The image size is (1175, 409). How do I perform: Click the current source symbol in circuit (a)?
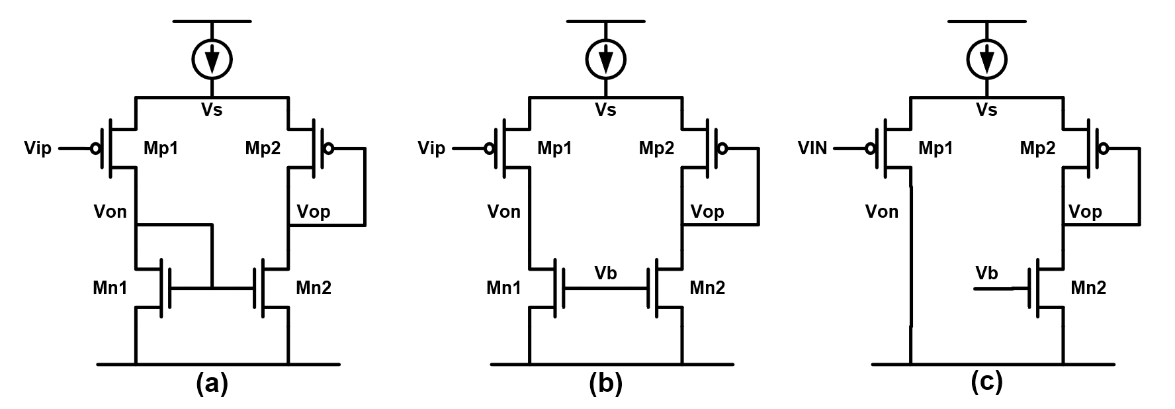click(x=212, y=60)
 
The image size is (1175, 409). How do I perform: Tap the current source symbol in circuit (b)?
click(x=605, y=60)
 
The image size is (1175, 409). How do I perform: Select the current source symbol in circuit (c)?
click(x=986, y=60)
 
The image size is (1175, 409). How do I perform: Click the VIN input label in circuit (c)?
click(x=812, y=148)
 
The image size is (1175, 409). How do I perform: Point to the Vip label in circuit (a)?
click(x=38, y=148)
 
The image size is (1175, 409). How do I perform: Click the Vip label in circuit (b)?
click(x=431, y=148)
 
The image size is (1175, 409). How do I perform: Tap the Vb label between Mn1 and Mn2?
click(x=605, y=273)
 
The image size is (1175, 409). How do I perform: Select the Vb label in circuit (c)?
click(x=986, y=273)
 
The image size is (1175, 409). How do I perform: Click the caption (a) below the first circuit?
click(x=212, y=384)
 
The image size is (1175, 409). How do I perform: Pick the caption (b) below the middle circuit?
click(x=605, y=384)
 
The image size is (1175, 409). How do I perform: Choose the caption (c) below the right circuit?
click(x=986, y=384)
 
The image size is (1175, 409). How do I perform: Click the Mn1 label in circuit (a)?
click(x=110, y=288)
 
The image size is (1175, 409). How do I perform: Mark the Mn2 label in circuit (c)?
click(x=1088, y=288)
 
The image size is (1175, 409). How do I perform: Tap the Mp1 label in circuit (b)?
click(x=554, y=148)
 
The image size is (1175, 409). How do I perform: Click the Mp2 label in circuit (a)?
click(x=263, y=148)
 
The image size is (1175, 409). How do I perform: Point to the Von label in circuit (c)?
click(x=882, y=212)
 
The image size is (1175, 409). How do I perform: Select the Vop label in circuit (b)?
click(x=707, y=212)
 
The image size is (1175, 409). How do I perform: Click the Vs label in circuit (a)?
click(x=212, y=110)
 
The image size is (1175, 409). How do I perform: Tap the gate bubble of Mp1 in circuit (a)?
click(x=96, y=148)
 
